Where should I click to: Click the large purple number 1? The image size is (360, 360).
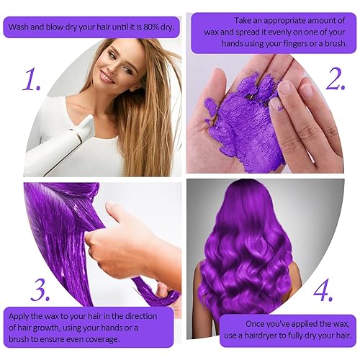pyautogui.click(x=30, y=80)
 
